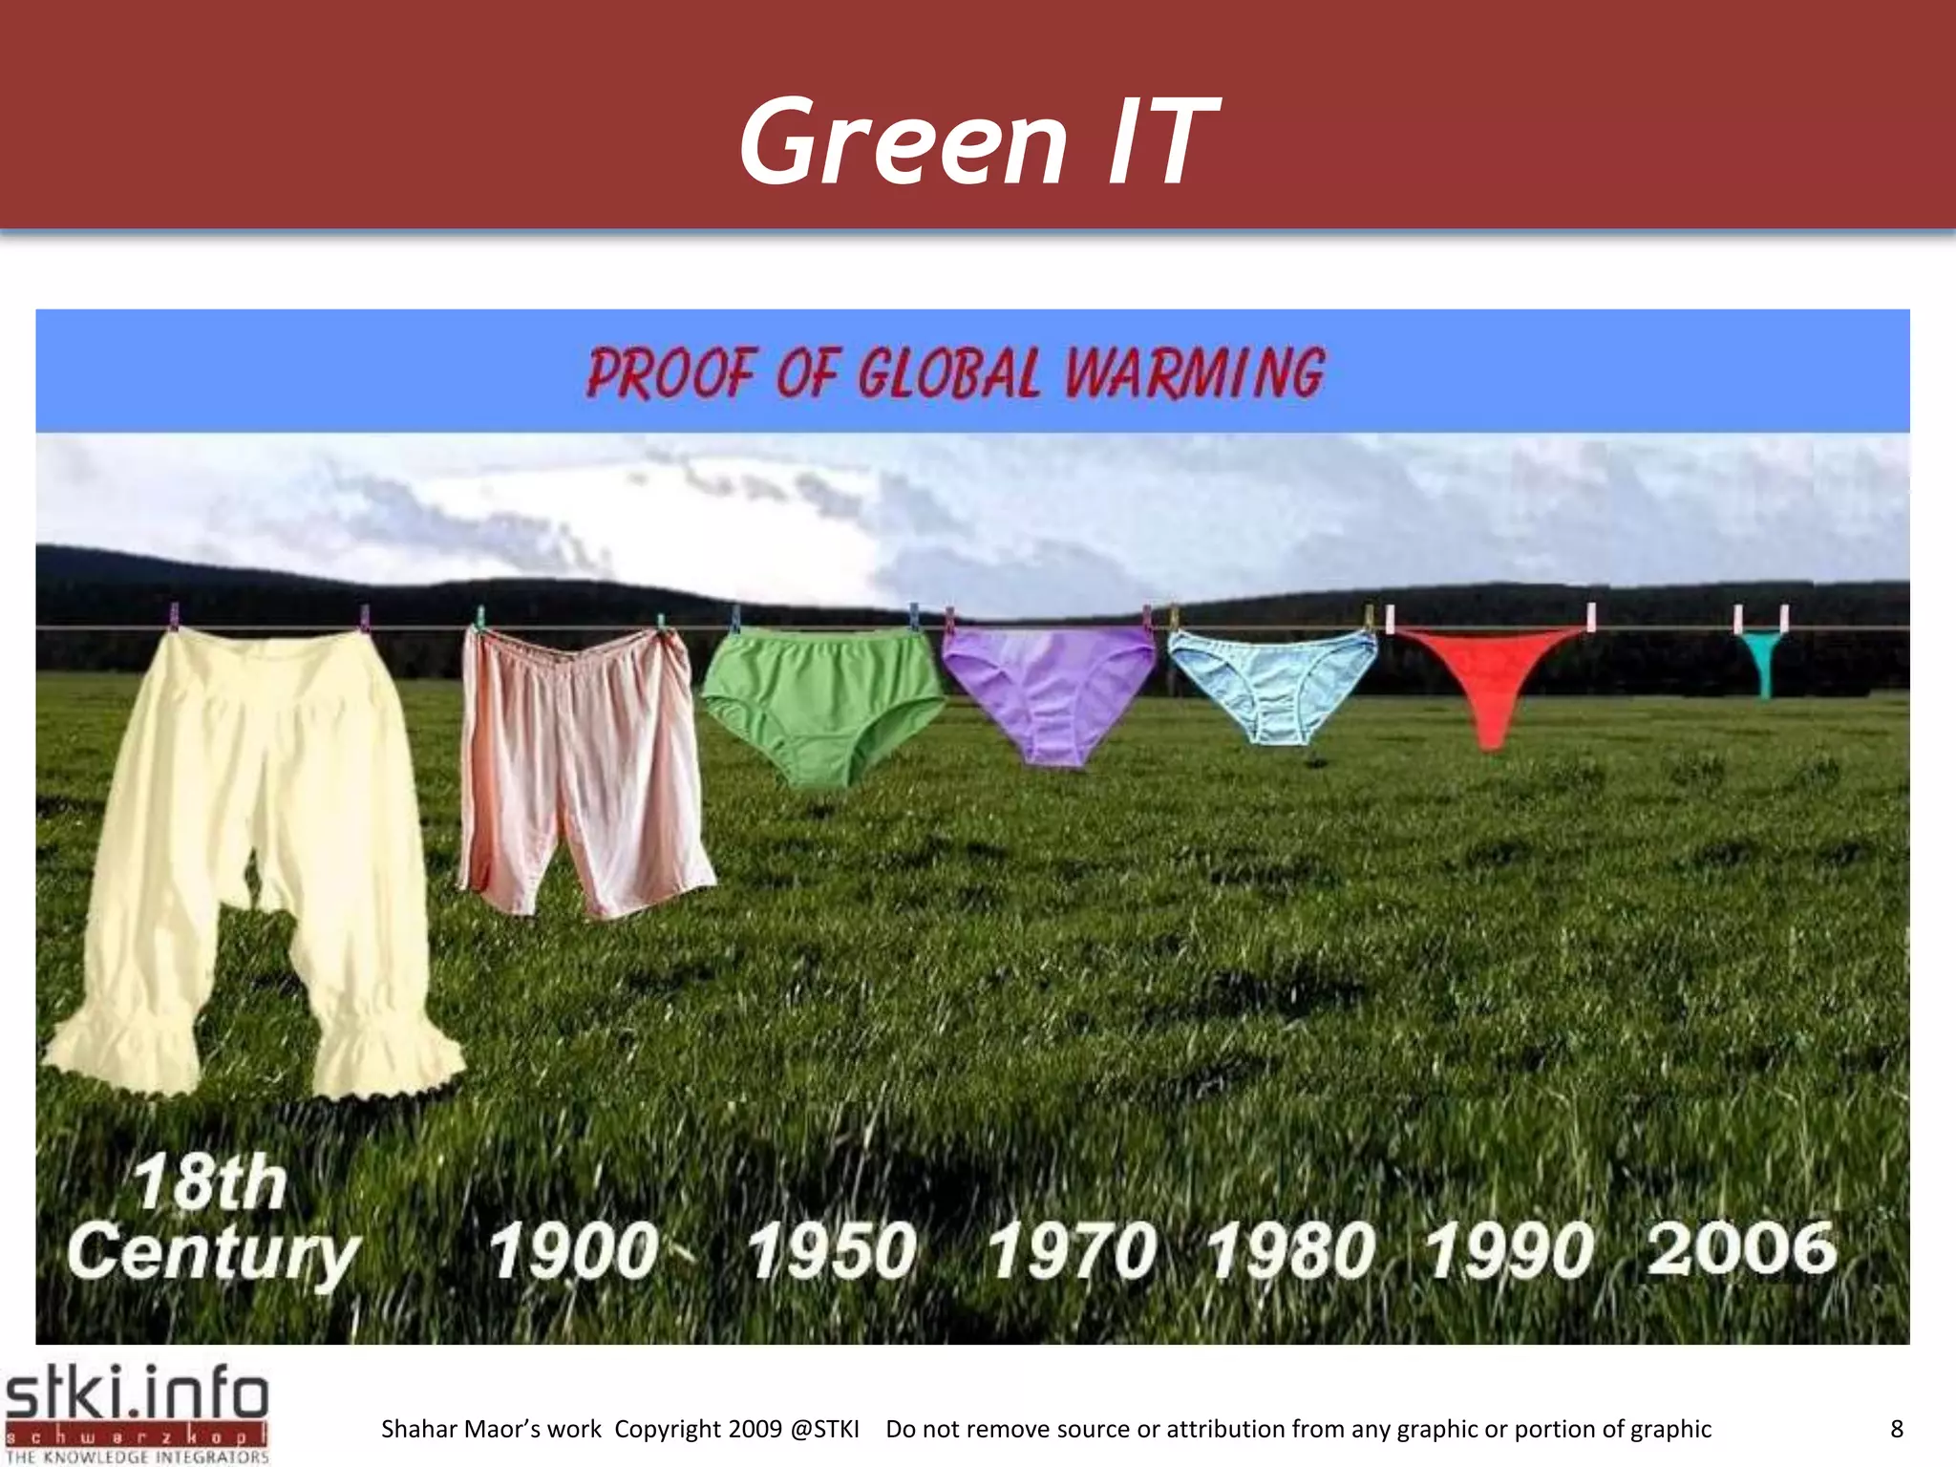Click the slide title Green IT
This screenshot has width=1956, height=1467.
click(977, 141)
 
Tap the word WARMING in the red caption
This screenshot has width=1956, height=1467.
click(1194, 372)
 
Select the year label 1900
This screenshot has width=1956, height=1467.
click(574, 1250)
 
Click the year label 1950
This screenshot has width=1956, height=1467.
click(832, 1250)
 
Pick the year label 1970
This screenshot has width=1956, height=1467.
click(1072, 1250)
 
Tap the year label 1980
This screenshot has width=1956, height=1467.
click(1290, 1250)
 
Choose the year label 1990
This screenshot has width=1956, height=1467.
click(1509, 1250)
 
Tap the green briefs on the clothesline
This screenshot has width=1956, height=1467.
click(821, 697)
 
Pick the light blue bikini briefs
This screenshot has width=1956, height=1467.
click(1273, 683)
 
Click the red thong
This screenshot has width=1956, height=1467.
click(1490, 678)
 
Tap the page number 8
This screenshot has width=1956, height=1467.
click(1897, 1429)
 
